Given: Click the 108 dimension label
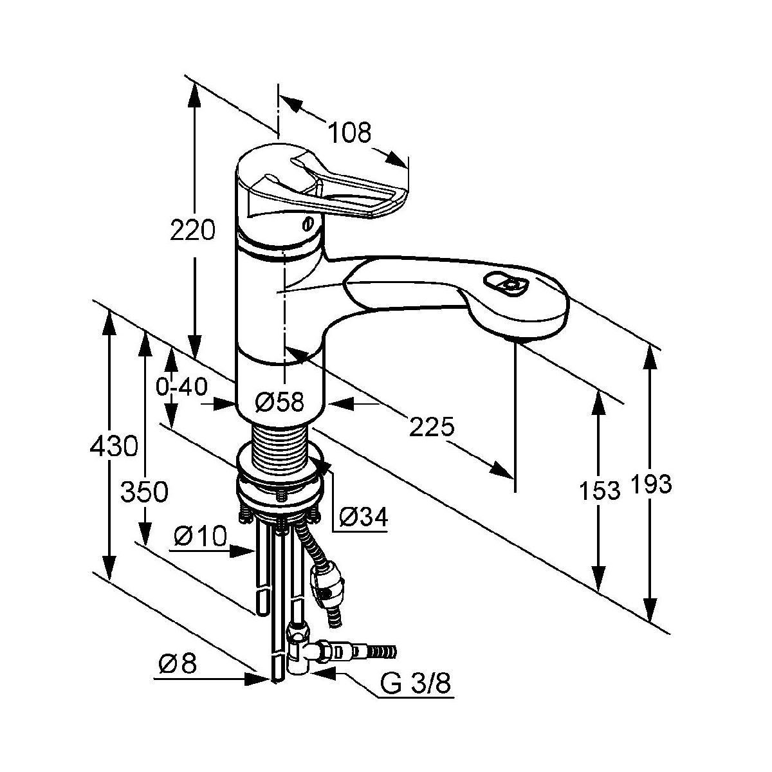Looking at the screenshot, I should coord(351,133).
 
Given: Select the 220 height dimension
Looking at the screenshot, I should coord(192,230).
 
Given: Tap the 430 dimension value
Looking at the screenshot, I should coord(114,446).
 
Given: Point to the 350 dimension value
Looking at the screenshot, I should coord(145,492).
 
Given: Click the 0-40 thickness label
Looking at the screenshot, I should coord(181,387).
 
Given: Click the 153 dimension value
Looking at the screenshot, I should coord(600,490).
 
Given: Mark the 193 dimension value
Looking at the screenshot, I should coord(651,484).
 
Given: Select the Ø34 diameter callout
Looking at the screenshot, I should coord(363,516).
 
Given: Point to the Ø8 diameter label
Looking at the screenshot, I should coord(176,663).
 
